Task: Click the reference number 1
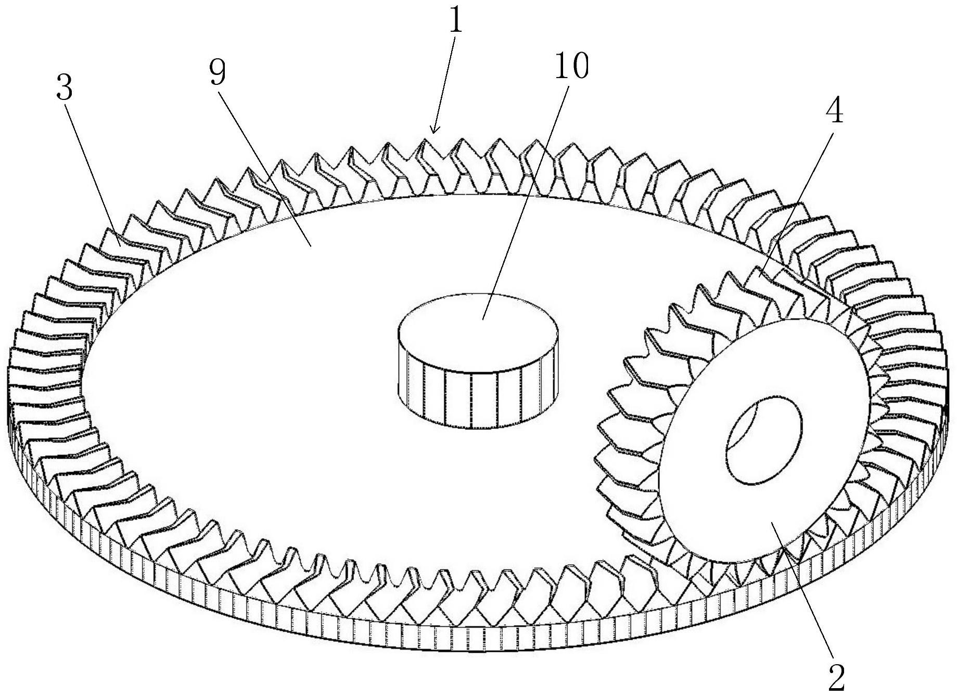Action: (x=456, y=22)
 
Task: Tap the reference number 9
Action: (x=218, y=72)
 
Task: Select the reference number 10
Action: (x=571, y=67)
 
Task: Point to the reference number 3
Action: (x=65, y=87)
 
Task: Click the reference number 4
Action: (x=835, y=111)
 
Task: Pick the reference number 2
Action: (x=836, y=677)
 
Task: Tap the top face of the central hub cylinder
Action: (x=478, y=334)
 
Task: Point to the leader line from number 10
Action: (x=526, y=200)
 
